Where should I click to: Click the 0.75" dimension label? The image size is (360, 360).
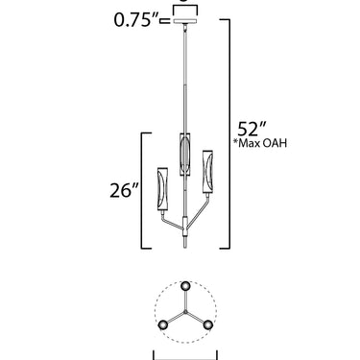(136, 20)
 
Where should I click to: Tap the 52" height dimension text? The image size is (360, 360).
(252, 130)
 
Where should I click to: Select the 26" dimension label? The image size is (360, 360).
(125, 190)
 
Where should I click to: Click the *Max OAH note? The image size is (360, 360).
(260, 143)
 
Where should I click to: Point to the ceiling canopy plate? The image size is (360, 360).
(185, 21)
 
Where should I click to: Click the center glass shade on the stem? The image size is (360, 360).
(185, 154)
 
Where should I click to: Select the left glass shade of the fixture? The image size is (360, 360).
(163, 189)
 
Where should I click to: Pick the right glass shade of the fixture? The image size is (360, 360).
(207, 172)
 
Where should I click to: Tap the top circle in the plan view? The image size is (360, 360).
(185, 286)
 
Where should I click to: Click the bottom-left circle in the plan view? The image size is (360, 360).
(163, 325)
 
